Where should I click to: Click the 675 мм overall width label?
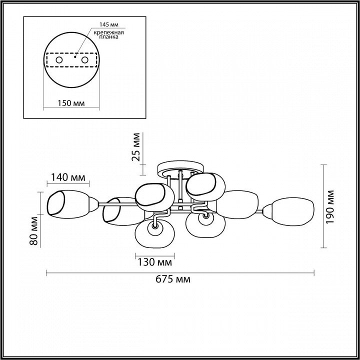tap(173, 279)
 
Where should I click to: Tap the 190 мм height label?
tap(329, 206)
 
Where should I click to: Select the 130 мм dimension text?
tap(154, 262)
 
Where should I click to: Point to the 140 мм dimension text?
tap(67, 177)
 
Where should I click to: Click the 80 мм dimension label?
tap(34, 230)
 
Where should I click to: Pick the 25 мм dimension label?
tap(136, 147)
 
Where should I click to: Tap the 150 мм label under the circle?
tap(70, 103)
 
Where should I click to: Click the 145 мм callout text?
tap(109, 24)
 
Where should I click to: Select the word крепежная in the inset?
tap(109, 32)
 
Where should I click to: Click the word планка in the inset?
tap(109, 36)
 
